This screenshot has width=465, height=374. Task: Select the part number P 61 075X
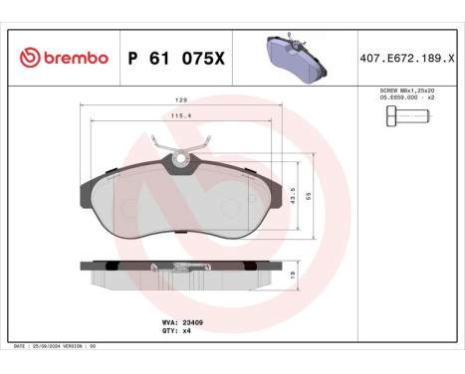pyautogui.click(x=176, y=59)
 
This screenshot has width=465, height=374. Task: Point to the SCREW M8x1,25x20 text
pyautogui.click(x=407, y=90)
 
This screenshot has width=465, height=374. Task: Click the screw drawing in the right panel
pyautogui.click(x=405, y=117)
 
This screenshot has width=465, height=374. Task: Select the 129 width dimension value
pyautogui.click(x=182, y=101)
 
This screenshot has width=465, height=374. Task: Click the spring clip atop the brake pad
pyautogui.click(x=181, y=157)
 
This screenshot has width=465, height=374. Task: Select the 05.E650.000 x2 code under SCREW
pyautogui.click(x=407, y=97)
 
